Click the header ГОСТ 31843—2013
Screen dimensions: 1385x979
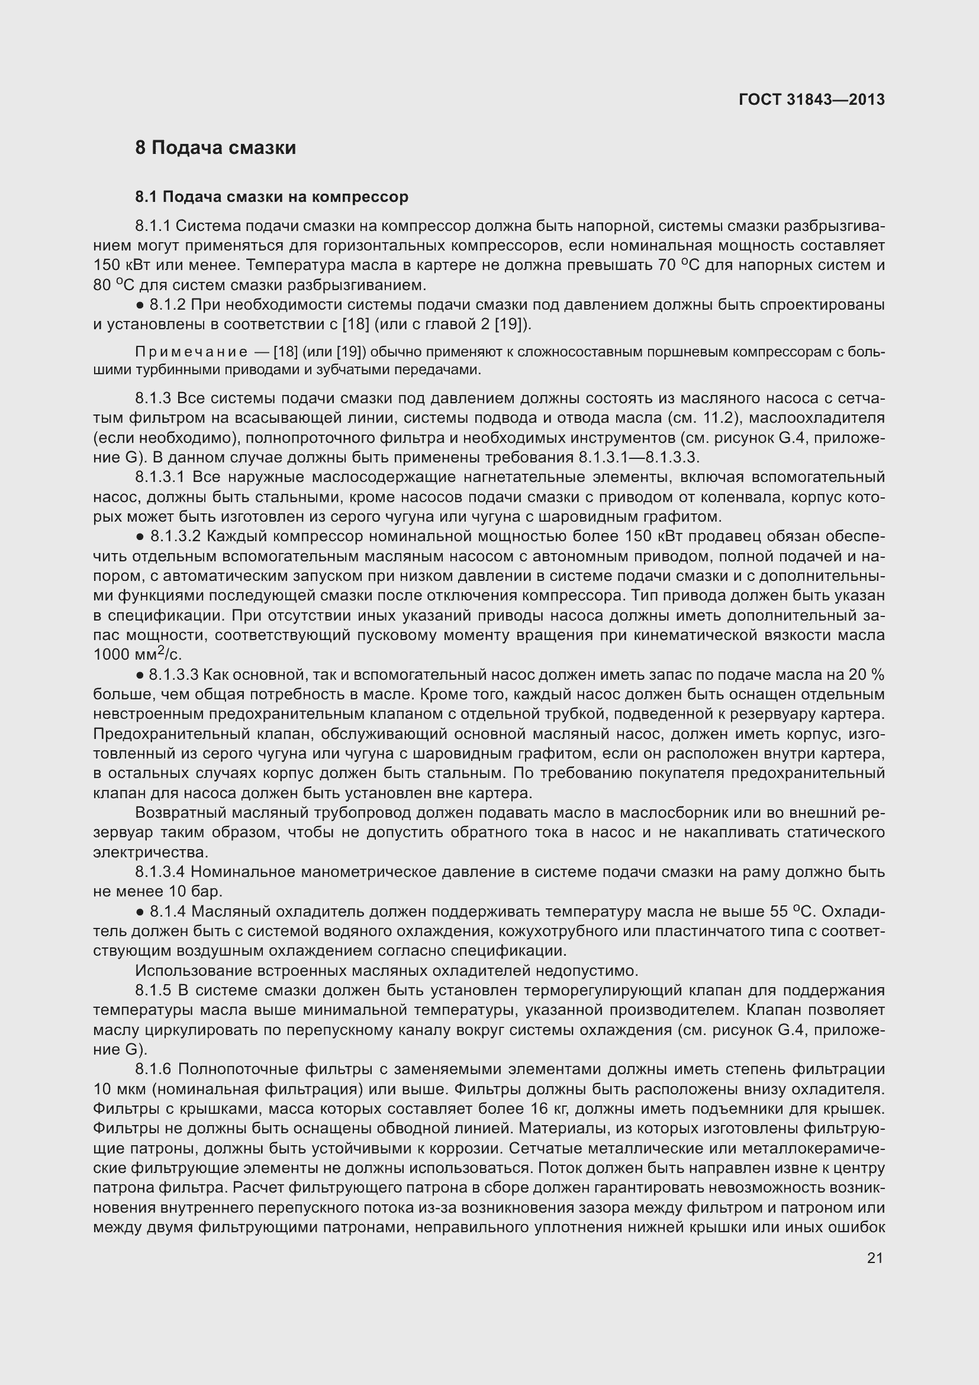(x=811, y=100)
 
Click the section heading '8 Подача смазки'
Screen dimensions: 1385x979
(x=216, y=148)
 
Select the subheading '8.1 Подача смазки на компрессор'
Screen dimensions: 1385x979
(x=272, y=197)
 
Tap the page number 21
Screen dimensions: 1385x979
(x=875, y=1258)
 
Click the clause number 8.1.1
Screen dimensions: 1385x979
(x=153, y=226)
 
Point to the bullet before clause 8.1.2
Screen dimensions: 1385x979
(x=139, y=305)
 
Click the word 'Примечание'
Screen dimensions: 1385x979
(x=191, y=352)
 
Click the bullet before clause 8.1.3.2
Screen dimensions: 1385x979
(x=139, y=536)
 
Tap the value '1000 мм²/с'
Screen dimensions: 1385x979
(x=137, y=654)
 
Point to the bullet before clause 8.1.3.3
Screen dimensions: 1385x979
(x=139, y=675)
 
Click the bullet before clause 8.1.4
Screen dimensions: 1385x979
(x=139, y=911)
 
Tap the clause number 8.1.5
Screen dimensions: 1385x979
(x=153, y=990)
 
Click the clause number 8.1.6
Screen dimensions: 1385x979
(x=153, y=1069)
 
